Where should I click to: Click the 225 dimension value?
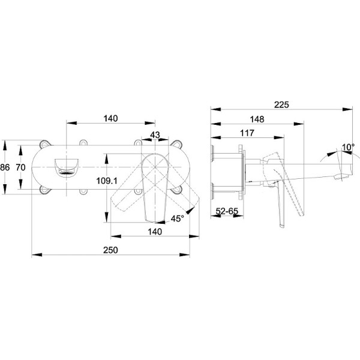[x=281, y=104]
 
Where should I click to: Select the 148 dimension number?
[x=257, y=119]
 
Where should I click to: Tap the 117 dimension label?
[x=247, y=133]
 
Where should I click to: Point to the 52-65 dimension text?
[x=227, y=211]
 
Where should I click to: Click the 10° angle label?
[x=348, y=147]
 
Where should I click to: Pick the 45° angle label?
[x=177, y=218]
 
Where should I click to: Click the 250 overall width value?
[x=110, y=250]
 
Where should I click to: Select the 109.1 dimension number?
[x=107, y=181]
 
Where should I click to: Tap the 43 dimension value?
[x=155, y=135]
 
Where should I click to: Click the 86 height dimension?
[x=5, y=167]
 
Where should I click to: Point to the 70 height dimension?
[x=20, y=167]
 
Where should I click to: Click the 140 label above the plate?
[x=110, y=118]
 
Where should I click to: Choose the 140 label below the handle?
[x=155, y=232]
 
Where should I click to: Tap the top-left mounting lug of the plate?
[x=45, y=144]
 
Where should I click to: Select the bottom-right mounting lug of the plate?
[x=177, y=190]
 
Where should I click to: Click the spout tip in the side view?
[x=343, y=176]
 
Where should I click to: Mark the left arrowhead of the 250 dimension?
[x=37, y=254]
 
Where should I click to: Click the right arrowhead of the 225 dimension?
[x=347, y=110]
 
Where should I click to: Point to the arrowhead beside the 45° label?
[x=190, y=211]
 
